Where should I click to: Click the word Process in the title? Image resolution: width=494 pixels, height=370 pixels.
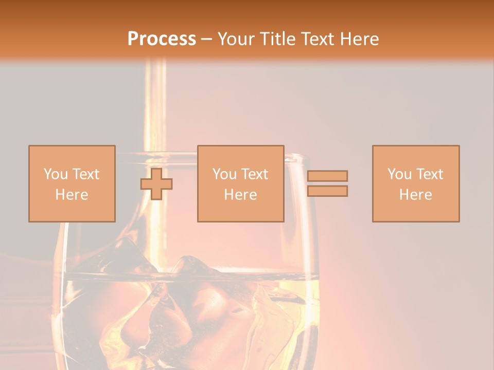(x=162, y=39)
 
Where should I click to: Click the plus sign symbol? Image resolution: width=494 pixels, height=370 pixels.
(x=156, y=183)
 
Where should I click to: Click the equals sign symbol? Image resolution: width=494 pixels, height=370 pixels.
(x=327, y=183)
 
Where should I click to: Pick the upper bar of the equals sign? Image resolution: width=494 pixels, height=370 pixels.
(x=327, y=176)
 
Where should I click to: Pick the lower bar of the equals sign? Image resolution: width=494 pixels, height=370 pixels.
(x=327, y=191)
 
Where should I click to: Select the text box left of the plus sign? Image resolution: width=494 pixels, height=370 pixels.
(x=72, y=183)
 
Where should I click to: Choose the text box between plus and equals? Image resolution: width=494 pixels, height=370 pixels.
(x=240, y=183)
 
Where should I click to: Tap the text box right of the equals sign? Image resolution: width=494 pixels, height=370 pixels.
(x=415, y=183)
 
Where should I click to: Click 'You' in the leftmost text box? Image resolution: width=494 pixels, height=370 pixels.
(x=55, y=174)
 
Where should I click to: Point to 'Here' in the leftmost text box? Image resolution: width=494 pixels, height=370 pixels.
(x=72, y=194)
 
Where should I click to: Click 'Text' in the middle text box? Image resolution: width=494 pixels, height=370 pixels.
(x=254, y=174)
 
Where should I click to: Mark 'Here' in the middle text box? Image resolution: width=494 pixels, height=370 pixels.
(x=240, y=194)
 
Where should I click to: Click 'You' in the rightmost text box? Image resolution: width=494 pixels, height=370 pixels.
(x=399, y=174)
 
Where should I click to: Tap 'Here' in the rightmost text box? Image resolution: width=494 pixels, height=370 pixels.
(x=415, y=194)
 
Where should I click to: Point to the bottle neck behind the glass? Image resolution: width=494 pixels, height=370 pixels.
(x=155, y=103)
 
